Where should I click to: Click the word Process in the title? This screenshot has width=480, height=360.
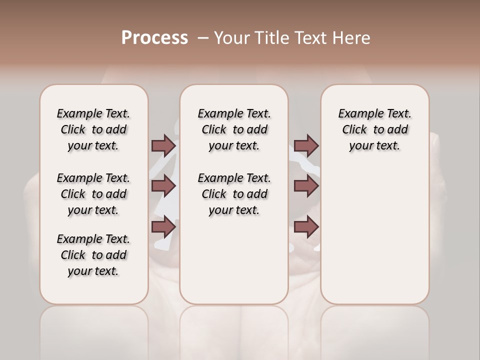pyautogui.click(x=154, y=38)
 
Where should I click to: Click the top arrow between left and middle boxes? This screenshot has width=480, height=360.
pyautogui.click(x=163, y=145)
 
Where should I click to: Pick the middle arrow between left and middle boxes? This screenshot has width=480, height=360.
pyautogui.click(x=163, y=186)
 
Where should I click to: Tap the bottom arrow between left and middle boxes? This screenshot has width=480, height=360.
pyautogui.click(x=163, y=227)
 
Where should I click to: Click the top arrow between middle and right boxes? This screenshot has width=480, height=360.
pyautogui.click(x=306, y=145)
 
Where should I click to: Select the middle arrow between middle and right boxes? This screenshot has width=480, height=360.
pyautogui.click(x=306, y=186)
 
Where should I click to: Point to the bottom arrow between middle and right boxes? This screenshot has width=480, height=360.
pyautogui.click(x=306, y=227)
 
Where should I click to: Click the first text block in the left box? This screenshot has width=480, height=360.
pyautogui.click(x=93, y=129)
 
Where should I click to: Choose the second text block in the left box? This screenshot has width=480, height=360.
pyautogui.click(x=93, y=194)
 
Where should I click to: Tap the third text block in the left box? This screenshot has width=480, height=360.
pyautogui.click(x=93, y=255)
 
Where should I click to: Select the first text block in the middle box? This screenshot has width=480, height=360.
pyautogui.click(x=234, y=129)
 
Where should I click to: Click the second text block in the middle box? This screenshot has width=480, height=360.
pyautogui.click(x=234, y=194)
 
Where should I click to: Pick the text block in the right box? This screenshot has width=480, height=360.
pyautogui.click(x=374, y=129)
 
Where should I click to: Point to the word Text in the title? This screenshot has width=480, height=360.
pyautogui.click(x=313, y=38)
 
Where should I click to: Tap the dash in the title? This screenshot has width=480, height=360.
pyautogui.click(x=203, y=38)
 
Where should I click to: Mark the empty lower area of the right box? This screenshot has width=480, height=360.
pyautogui.click(x=374, y=240)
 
